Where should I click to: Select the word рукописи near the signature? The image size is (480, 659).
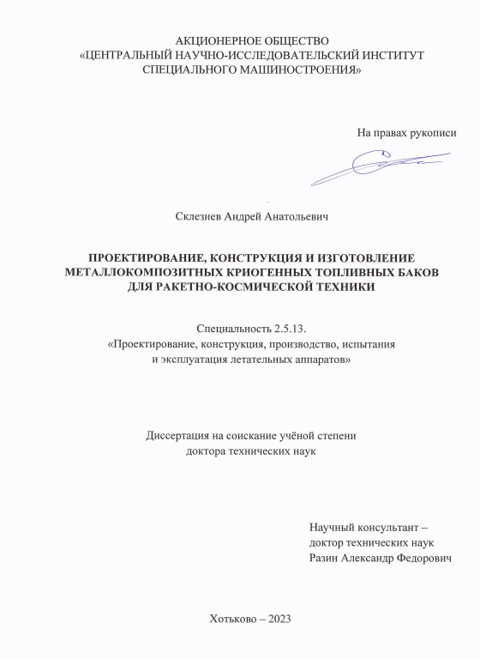(433, 133)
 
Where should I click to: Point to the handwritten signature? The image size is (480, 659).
(377, 165)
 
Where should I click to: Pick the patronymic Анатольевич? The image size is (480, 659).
(293, 217)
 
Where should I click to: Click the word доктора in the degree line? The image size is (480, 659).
(207, 450)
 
